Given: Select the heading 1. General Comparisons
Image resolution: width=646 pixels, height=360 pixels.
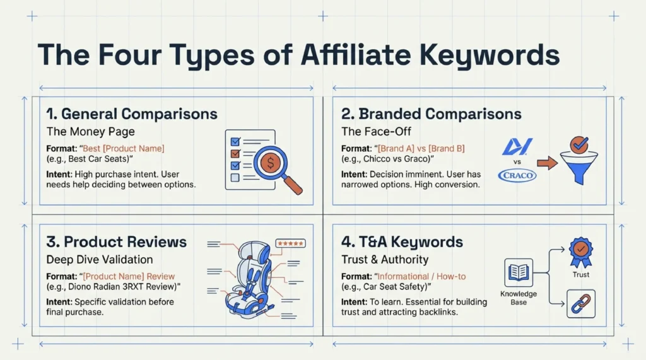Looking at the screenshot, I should [132, 114].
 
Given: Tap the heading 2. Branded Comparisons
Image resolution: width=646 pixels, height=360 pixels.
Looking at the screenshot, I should [432, 114].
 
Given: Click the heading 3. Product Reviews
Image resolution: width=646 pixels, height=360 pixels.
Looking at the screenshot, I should [117, 242].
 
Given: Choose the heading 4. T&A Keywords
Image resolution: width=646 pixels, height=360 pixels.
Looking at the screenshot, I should [402, 242].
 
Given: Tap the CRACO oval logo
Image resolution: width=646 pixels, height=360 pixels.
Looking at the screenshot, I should [517, 175].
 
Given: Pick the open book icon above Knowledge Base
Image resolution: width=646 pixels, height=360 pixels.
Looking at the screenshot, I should [518, 272].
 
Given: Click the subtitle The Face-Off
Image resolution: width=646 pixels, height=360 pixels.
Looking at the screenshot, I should [373, 132].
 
